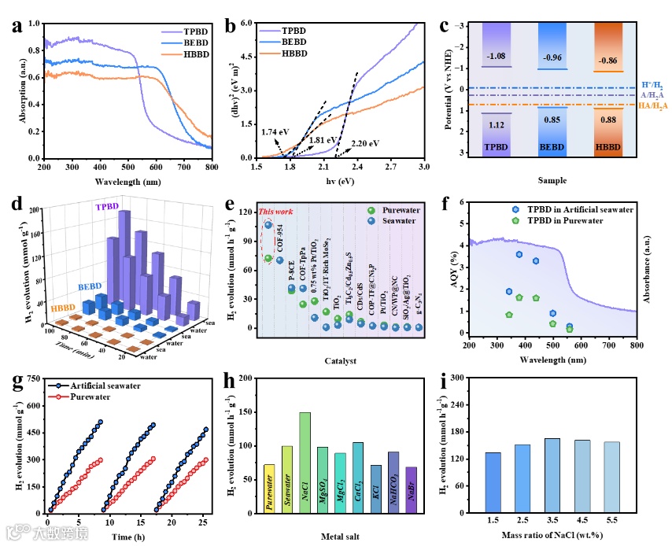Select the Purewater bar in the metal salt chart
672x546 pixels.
click(x=269, y=489)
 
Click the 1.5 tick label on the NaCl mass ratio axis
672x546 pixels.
click(x=493, y=521)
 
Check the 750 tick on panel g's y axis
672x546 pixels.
click(x=34, y=378)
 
